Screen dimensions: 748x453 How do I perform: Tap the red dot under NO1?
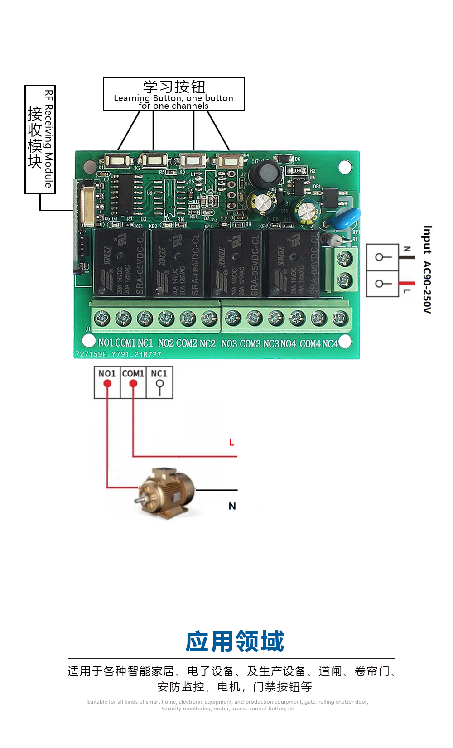(x=107, y=384)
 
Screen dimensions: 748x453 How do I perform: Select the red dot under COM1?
(x=133, y=384)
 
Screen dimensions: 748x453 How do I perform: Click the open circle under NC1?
(x=159, y=384)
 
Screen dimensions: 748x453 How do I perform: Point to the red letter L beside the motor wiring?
(x=231, y=442)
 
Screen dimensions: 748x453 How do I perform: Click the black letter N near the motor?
(x=232, y=506)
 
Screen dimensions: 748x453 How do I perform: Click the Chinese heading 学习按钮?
(x=174, y=87)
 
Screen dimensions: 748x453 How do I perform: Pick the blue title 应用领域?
(x=235, y=642)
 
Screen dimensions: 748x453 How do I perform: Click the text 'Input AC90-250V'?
(x=427, y=269)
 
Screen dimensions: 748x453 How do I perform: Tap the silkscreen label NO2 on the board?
(x=166, y=343)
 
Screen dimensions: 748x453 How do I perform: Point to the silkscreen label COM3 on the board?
(x=250, y=344)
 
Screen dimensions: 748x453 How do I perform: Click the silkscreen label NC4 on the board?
(x=330, y=344)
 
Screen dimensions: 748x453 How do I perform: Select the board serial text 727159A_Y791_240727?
(x=118, y=354)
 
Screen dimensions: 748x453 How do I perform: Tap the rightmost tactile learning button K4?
(x=229, y=161)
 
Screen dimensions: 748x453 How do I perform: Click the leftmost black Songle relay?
(x=120, y=263)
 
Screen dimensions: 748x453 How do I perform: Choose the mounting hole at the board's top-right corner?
(x=345, y=167)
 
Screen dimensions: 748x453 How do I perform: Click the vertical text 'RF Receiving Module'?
(x=49, y=139)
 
